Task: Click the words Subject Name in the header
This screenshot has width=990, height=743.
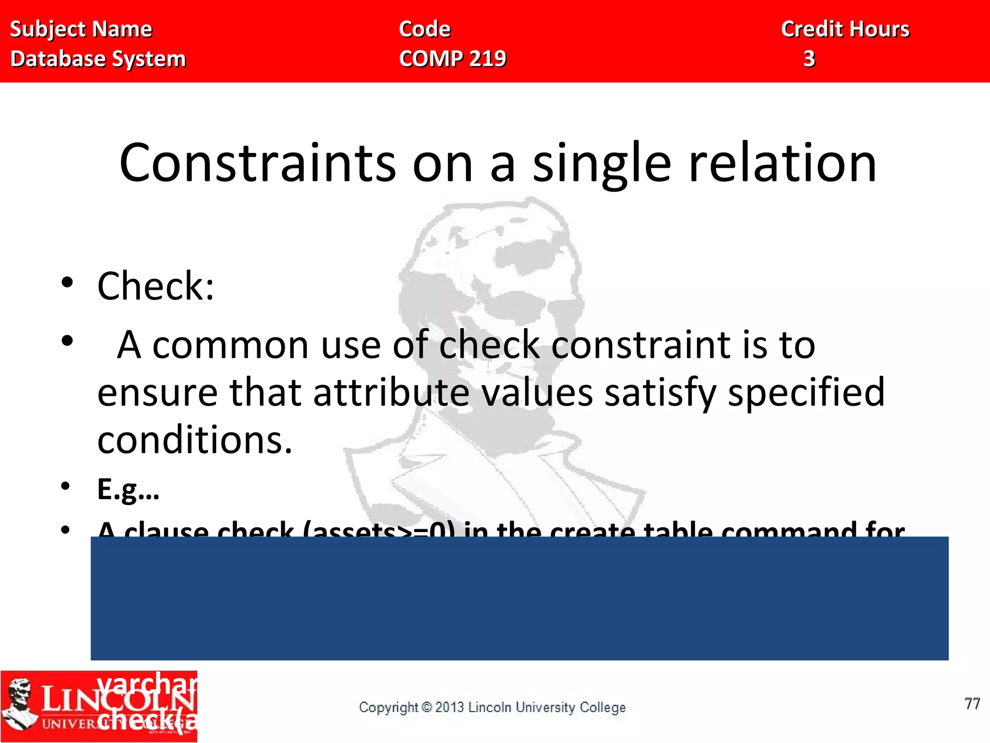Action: coord(81,30)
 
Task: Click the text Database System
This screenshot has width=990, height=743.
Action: coord(98,59)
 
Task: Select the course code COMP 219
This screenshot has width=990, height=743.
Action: coord(452,59)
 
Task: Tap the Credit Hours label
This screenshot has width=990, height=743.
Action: coord(845,30)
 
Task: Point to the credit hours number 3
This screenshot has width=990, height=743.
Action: coord(809,59)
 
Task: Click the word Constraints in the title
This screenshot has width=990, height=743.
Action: coord(257,163)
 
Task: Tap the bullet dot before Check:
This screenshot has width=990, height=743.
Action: coord(67,282)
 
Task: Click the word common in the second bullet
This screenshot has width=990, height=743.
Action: coord(230,345)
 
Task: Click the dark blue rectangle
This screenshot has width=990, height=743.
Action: coord(519,598)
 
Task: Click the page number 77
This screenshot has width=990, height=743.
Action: coord(972,704)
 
